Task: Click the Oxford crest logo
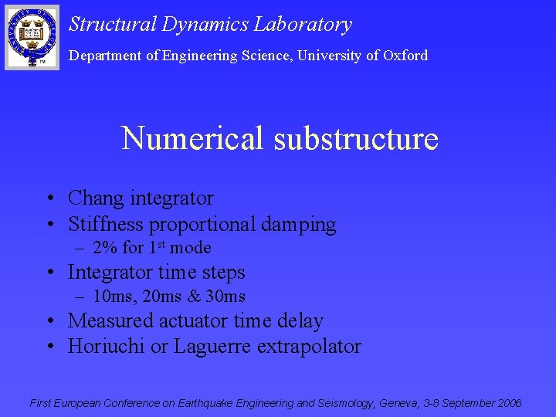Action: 32,36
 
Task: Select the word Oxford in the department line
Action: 405,56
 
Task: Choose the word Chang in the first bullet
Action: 96,198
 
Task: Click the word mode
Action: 191,248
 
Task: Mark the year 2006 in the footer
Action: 509,403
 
